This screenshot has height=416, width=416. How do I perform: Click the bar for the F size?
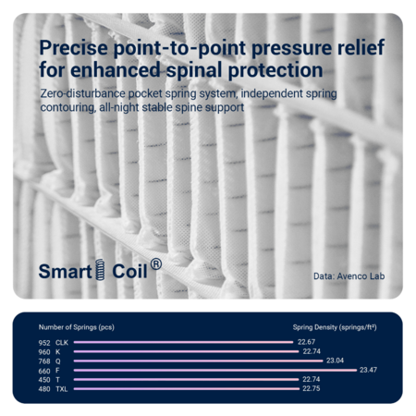(215, 370)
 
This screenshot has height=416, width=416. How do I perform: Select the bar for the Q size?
(198, 361)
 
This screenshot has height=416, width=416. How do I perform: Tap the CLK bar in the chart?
(183, 342)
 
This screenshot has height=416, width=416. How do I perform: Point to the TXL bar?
(187, 389)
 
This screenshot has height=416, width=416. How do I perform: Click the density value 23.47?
(368, 370)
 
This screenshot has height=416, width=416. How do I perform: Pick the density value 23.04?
(335, 361)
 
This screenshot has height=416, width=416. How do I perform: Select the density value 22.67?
(306, 342)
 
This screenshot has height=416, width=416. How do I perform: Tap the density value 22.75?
(312, 388)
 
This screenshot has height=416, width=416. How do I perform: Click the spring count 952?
(44, 343)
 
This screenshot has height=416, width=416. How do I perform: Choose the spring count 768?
(44, 361)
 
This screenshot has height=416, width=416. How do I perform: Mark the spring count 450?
(44, 380)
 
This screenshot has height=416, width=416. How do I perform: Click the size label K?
(57, 352)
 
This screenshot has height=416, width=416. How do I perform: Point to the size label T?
(57, 380)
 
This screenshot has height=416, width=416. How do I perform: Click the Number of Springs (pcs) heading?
(77, 327)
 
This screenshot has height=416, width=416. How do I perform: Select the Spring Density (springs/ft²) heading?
(335, 327)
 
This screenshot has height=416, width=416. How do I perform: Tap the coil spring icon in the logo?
(100, 270)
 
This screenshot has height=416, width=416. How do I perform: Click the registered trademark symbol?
(156, 264)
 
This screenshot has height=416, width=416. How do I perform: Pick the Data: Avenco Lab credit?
(349, 276)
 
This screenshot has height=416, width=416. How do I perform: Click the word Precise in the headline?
(74, 47)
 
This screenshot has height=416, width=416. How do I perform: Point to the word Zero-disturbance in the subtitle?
(83, 93)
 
